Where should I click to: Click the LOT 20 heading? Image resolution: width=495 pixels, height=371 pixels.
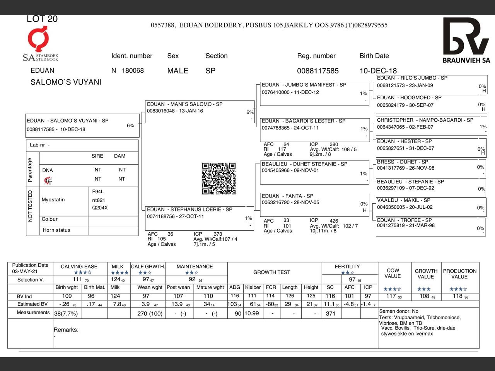pyautogui.click(x=42, y=19)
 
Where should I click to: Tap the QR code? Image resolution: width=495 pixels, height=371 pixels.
pyautogui.click(x=219, y=178)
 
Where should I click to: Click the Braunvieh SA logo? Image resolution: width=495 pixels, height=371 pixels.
pyautogui.click(x=466, y=40)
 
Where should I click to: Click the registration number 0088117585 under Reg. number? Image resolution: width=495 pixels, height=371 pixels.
pyautogui.click(x=317, y=71)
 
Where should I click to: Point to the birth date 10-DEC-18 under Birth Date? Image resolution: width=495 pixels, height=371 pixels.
pyautogui.click(x=378, y=71)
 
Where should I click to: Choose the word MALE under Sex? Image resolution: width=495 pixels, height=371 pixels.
pyautogui.click(x=178, y=71)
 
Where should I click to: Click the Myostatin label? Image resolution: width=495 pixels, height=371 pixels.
pyautogui.click(x=53, y=200)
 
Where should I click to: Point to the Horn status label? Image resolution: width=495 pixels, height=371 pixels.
pyautogui.click(x=56, y=230)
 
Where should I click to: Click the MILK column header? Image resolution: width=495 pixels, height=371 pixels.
pyautogui.click(x=118, y=267)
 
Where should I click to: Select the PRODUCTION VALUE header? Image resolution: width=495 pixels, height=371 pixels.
pyautogui.click(x=459, y=274)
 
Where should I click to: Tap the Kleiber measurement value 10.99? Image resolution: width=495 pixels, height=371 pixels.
pyautogui.click(x=252, y=313)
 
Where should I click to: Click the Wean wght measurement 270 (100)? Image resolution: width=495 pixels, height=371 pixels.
pyautogui.click(x=150, y=314)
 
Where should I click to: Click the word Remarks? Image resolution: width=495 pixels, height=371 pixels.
pyautogui.click(x=66, y=330)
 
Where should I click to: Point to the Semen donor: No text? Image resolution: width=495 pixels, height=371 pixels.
pyautogui.click(x=399, y=311)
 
